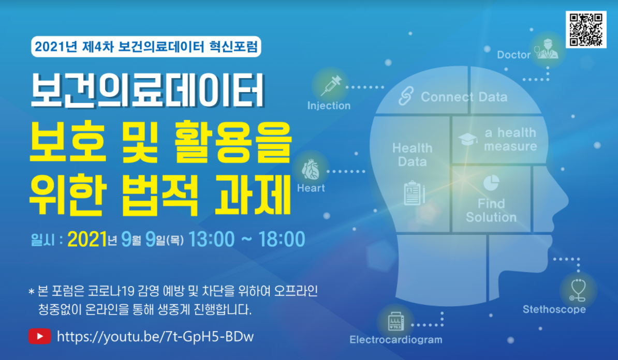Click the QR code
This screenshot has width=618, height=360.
585,29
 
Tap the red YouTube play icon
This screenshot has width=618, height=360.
40,337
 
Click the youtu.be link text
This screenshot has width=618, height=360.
155,337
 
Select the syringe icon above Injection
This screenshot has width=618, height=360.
330,84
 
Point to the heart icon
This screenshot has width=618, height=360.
311,169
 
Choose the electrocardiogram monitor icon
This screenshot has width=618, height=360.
396,322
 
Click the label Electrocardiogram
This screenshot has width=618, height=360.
396,340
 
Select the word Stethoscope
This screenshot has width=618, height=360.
554,309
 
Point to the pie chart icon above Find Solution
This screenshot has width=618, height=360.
491,183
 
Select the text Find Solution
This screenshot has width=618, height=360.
491,210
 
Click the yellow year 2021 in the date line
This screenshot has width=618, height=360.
86,239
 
